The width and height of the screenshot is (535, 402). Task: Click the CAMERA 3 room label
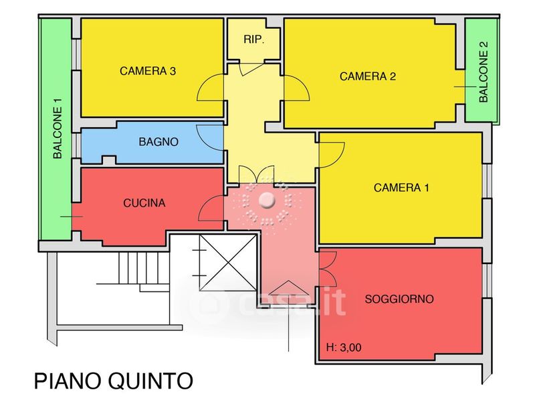(x=148, y=71)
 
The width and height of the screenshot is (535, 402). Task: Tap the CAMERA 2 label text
(x=368, y=76)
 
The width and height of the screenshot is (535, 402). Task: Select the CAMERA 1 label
(x=401, y=188)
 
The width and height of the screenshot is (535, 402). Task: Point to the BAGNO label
(x=158, y=142)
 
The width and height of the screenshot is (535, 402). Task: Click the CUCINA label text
(x=144, y=202)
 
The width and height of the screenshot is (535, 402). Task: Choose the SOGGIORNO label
(x=400, y=299)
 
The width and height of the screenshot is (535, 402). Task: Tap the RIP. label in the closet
(x=253, y=40)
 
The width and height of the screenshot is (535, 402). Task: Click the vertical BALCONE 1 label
(x=58, y=129)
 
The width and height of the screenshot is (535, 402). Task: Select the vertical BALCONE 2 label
(x=484, y=72)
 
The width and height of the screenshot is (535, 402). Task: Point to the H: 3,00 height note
(x=344, y=348)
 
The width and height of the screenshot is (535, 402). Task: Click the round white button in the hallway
(x=267, y=200)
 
